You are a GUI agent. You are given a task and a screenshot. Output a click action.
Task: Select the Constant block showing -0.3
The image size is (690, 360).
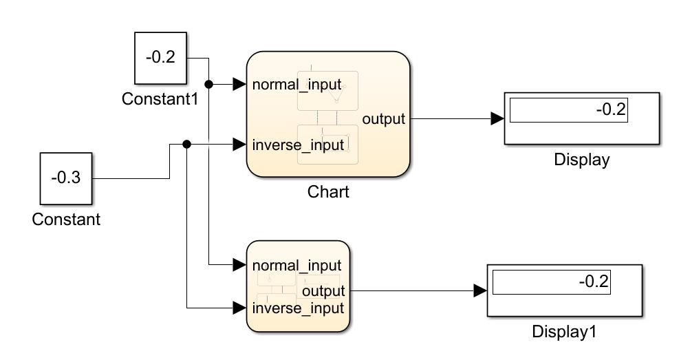[65, 178]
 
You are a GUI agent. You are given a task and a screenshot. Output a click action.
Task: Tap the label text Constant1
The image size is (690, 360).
[160, 99]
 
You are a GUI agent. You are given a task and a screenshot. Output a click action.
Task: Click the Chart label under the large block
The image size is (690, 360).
[328, 192]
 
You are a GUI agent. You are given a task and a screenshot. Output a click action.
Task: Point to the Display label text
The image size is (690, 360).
[582, 160]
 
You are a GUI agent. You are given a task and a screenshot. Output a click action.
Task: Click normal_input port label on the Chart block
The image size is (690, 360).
[297, 85]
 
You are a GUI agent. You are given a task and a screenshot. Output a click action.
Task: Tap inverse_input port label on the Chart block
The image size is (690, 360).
[298, 145]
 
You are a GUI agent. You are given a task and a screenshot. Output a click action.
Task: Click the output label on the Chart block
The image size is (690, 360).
[384, 119]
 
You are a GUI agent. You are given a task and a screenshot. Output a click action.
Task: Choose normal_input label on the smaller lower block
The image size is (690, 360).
[297, 265]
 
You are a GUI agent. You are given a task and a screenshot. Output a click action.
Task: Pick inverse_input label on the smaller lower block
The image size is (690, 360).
[298, 308]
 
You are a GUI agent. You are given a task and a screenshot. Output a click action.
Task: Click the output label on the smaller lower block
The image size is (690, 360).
[323, 291]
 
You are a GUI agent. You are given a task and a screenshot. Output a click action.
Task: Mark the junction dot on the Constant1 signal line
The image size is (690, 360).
[210, 85]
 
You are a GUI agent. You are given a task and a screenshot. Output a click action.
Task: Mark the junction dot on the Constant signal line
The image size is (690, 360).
[187, 145]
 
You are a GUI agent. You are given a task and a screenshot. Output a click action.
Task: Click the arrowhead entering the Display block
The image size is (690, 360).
[497, 119]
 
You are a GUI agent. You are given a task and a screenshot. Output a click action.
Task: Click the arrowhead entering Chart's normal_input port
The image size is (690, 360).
[239, 85]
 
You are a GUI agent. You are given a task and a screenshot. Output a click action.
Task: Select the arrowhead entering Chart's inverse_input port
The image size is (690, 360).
[239, 145]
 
